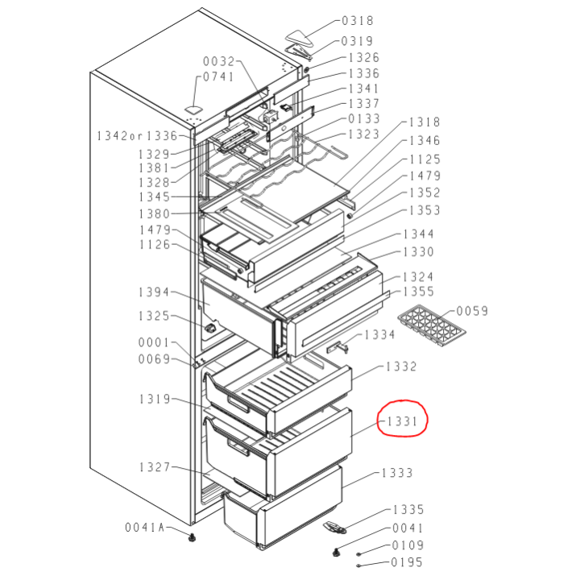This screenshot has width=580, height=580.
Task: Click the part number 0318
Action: click(357, 22)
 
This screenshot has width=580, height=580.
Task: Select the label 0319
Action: click(357, 40)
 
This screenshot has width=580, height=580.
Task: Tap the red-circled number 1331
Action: click(400, 420)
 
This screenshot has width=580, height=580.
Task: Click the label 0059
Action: click(473, 311)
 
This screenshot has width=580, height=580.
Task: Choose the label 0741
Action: click(217, 77)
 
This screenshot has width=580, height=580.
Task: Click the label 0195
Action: click(408, 562)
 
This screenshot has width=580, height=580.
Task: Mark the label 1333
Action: click(397, 473)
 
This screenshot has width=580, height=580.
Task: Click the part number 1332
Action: click(401, 367)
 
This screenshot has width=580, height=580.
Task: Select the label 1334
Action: click(379, 333)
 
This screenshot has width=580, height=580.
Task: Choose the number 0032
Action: click(217, 61)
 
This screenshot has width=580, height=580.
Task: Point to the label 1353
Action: click(425, 210)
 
